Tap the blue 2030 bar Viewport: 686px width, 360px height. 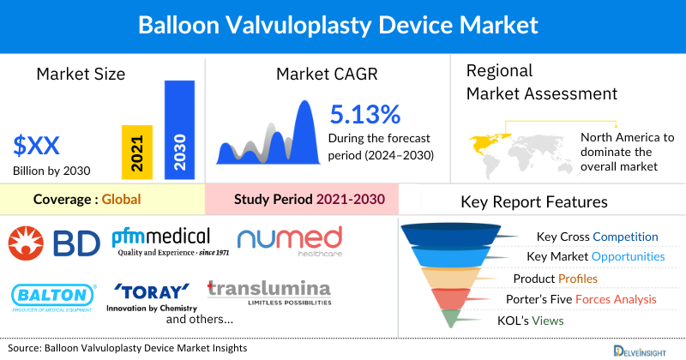(x=179, y=130)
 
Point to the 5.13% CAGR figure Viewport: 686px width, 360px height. (x=365, y=114)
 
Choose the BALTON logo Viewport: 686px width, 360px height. (x=54, y=296)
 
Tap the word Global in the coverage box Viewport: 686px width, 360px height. (x=121, y=200)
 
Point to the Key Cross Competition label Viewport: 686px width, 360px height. (x=597, y=237)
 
